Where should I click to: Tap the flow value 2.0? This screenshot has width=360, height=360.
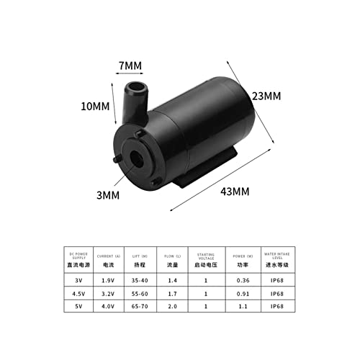tap(171, 307)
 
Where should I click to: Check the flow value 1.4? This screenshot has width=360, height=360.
tap(171, 282)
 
